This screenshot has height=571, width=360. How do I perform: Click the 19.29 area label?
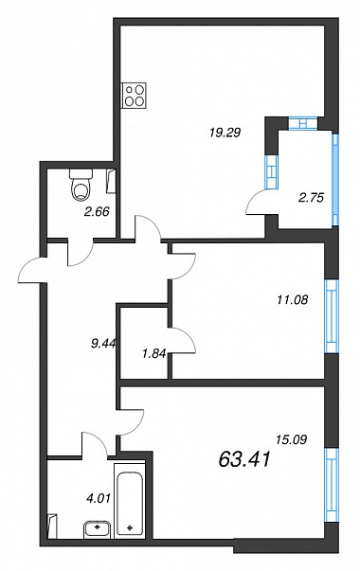(225, 133)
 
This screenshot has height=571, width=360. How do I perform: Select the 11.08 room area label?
(292, 299)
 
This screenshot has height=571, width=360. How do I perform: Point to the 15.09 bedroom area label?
(291, 439)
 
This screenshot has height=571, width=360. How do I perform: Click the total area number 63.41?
(244, 459)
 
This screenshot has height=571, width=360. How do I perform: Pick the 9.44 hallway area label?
(103, 343)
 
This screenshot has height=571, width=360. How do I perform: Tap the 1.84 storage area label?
(154, 353)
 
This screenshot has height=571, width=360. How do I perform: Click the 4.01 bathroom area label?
(97, 497)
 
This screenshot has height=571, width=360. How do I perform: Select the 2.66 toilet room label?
(97, 211)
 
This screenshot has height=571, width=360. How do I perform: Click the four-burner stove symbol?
(134, 95)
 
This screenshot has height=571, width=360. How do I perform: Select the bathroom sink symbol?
(97, 529)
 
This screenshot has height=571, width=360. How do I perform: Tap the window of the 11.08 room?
(332, 316)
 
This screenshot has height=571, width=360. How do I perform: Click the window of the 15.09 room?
(332, 485)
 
